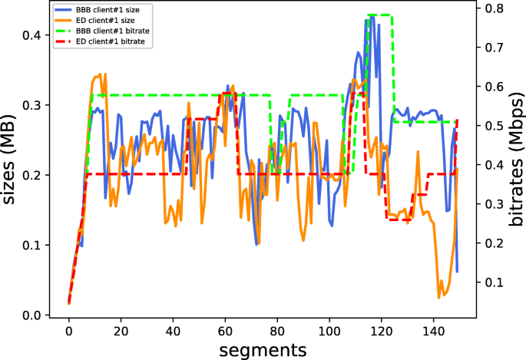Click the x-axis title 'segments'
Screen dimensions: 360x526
point(263,349)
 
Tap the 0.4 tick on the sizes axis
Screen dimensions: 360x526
point(34,35)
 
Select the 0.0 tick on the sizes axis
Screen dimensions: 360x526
point(34,315)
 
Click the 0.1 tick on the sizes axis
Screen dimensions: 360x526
point(34,246)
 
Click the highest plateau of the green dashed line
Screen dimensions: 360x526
point(381,15)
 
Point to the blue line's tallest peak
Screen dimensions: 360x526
point(367,20)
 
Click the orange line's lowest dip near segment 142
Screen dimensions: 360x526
point(439,297)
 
